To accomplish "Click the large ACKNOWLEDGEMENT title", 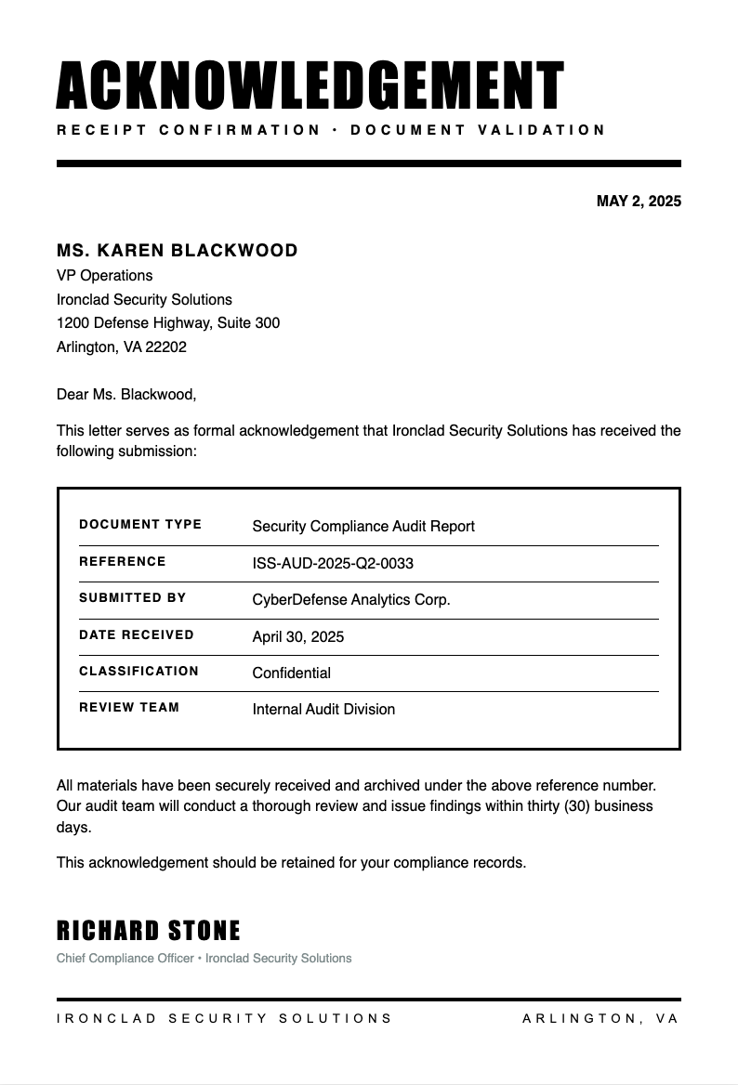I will click(x=310, y=86).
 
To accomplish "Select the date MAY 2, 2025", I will click(x=639, y=202).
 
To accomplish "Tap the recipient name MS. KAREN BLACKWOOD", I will click(x=178, y=251).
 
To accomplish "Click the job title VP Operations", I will click(x=105, y=276).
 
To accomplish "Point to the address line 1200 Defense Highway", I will click(x=168, y=323).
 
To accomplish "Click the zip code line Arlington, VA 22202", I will click(x=122, y=347).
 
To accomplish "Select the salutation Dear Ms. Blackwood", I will click(x=126, y=395).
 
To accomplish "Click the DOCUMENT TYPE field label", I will click(x=140, y=525).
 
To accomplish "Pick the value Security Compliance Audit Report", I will click(x=363, y=527).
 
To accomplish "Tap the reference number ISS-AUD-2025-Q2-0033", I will click(x=333, y=564).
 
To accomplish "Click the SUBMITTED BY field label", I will click(x=133, y=598).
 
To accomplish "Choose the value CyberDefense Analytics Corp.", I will click(x=351, y=600).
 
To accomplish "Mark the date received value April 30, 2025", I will click(x=298, y=637).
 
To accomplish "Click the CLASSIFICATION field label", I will click(x=139, y=672).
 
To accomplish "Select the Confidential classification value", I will click(x=292, y=673).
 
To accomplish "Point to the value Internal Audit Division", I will click(x=323, y=710).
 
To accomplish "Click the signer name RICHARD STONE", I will click(x=149, y=931).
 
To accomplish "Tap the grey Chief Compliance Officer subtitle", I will click(x=204, y=959).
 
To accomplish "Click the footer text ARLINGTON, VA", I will click(x=601, y=1019).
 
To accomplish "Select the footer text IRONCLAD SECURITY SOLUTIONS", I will click(x=225, y=1019).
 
